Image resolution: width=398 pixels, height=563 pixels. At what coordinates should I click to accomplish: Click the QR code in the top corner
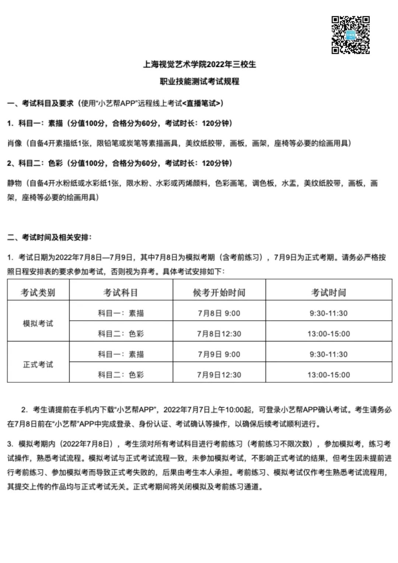click(x=350, y=35)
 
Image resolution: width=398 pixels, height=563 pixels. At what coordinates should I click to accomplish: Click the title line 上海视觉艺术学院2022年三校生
click(x=199, y=64)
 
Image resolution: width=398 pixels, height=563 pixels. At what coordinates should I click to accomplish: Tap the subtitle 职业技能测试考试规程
click(x=199, y=81)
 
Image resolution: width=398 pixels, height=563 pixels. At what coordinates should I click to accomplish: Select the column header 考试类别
click(x=38, y=293)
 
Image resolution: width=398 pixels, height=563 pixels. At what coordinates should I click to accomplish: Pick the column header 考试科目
click(x=121, y=293)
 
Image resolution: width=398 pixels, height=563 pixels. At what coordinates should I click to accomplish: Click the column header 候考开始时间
click(x=219, y=293)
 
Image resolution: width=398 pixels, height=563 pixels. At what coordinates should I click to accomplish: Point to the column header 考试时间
click(x=328, y=293)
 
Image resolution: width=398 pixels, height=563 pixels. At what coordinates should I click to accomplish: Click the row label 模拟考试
click(x=38, y=324)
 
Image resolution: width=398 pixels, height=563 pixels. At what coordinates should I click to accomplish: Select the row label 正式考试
click(x=38, y=364)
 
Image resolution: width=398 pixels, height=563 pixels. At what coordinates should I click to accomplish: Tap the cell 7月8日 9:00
click(x=219, y=314)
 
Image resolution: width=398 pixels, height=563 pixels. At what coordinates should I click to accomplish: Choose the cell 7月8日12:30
click(x=219, y=334)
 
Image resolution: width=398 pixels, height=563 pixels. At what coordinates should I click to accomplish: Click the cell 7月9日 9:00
click(x=219, y=354)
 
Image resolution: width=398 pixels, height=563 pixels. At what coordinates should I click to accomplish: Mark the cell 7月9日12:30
click(x=219, y=375)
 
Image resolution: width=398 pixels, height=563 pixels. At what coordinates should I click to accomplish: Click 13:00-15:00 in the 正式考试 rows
click(x=328, y=375)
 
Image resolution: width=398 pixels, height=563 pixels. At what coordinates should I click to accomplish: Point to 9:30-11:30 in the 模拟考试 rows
click(x=328, y=314)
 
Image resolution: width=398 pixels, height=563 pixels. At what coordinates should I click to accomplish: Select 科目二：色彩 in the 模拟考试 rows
click(x=121, y=334)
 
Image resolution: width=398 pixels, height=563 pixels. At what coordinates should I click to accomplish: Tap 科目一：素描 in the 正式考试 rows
click(x=121, y=354)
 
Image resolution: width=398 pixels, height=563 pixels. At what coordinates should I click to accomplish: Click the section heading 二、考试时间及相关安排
click(x=49, y=237)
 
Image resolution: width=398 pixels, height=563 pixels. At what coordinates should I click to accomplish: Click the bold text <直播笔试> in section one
click(x=203, y=104)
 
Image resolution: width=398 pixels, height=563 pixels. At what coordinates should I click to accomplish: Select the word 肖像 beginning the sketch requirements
click(x=15, y=143)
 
